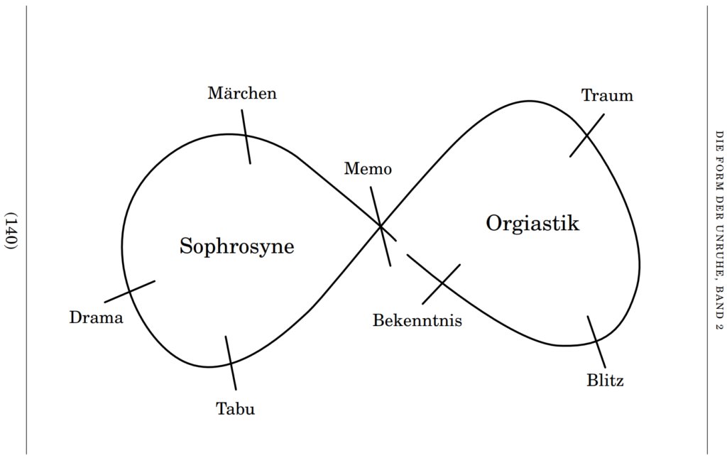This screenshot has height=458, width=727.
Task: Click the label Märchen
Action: tap(242, 93)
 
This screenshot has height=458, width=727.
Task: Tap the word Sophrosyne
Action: tap(236, 246)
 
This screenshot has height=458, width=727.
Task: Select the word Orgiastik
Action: tap(532, 224)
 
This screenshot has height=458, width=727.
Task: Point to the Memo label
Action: tap(368, 169)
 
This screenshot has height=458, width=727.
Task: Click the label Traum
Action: tap(607, 96)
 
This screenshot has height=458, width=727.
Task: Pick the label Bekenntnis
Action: tap(417, 321)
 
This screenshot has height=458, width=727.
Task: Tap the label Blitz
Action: tap(605, 381)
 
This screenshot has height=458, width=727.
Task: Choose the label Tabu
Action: tap(235, 409)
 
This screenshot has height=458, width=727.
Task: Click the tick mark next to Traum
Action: tap(587, 136)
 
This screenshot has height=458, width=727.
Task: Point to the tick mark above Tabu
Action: tap(230, 362)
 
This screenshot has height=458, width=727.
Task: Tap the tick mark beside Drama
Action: tap(130, 291)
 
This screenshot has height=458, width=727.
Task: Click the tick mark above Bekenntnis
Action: tap(441, 284)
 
